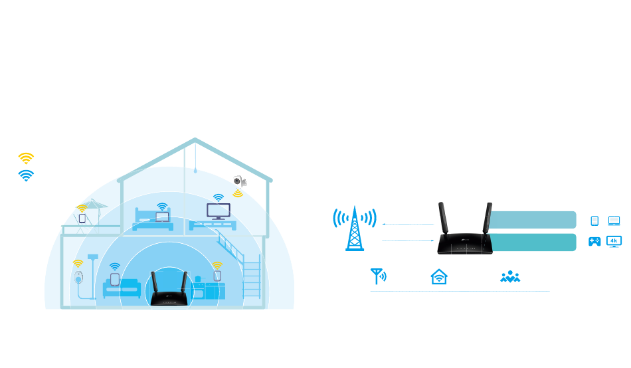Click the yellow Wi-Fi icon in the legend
click(x=26, y=157)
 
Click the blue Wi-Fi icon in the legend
click(x=26, y=175)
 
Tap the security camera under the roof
click(x=238, y=181)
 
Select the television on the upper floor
click(x=218, y=211)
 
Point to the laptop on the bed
click(x=162, y=217)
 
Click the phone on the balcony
click(x=82, y=218)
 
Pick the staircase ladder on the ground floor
click(x=252, y=280)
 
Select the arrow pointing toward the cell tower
click(x=408, y=225)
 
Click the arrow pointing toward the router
click(x=408, y=241)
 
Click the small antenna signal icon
click(x=379, y=276)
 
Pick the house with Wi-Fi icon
click(x=439, y=276)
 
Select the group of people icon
click(x=510, y=276)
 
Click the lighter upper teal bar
click(x=532, y=220)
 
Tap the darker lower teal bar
click(x=532, y=242)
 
